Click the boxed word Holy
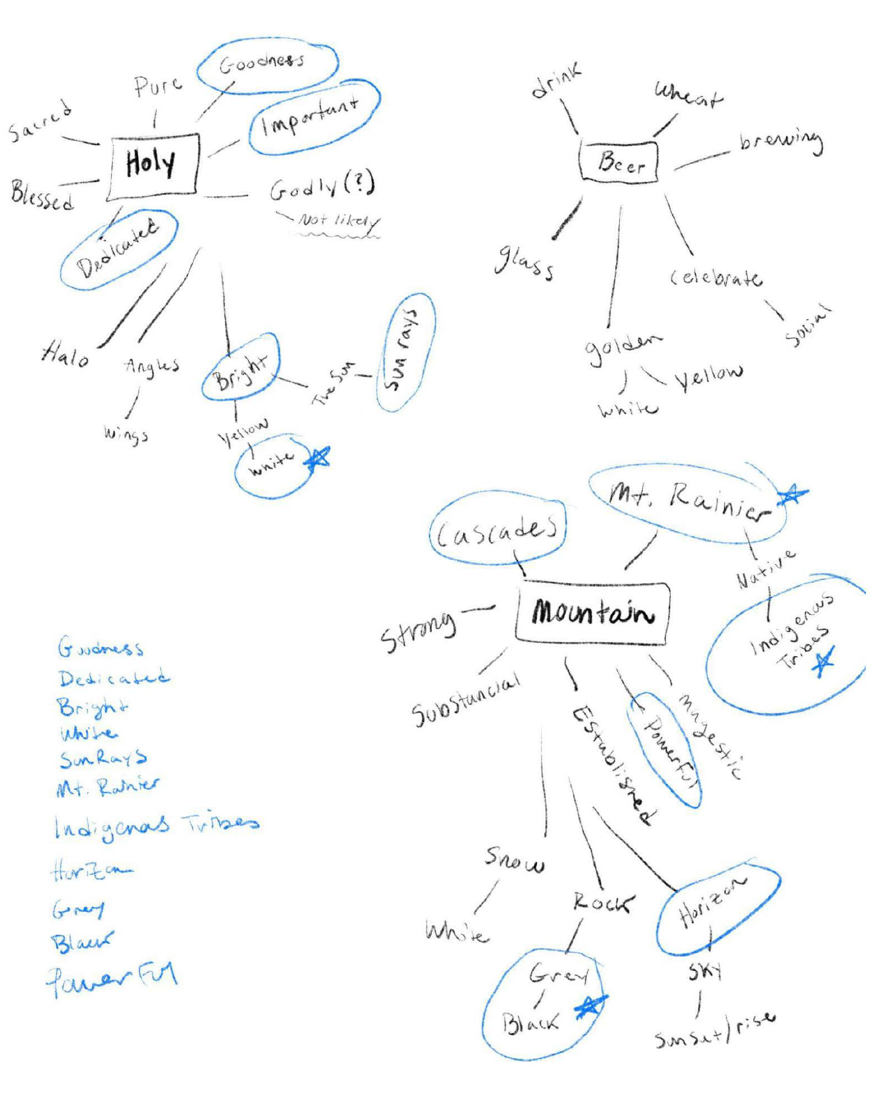(152, 164)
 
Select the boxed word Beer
(620, 162)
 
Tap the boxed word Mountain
(592, 612)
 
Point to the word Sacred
(39, 120)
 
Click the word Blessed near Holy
(42, 195)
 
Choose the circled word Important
(310, 116)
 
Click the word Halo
(65, 355)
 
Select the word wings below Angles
(126, 433)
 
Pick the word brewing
(781, 141)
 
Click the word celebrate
(716, 277)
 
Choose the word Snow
(514, 860)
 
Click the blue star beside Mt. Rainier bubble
(792, 495)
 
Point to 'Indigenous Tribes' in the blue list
(156, 826)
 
